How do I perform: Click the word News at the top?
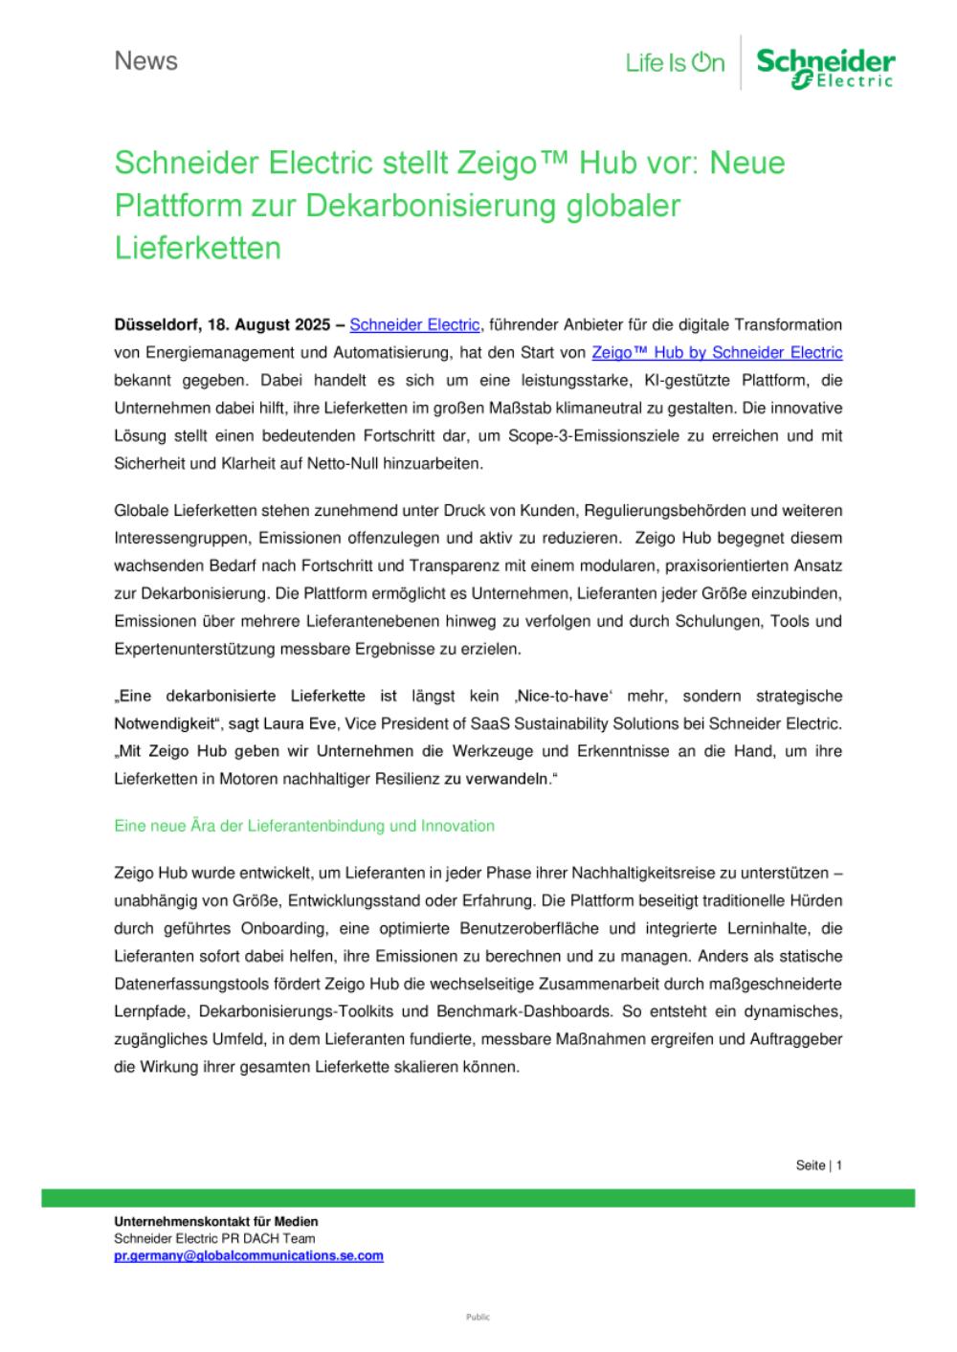(x=145, y=61)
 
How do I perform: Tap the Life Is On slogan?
(x=675, y=63)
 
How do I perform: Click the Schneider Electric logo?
(x=825, y=68)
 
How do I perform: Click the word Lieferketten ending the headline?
(x=198, y=248)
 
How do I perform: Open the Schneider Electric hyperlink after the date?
(x=414, y=325)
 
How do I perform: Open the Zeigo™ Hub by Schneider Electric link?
(x=717, y=353)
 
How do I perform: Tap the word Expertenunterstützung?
(x=195, y=649)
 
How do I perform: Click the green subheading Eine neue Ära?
(x=304, y=826)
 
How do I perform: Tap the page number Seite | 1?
(x=818, y=1165)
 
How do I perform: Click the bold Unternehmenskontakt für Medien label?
(x=216, y=1222)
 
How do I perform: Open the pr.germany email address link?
(x=249, y=1256)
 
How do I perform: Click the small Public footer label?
(x=478, y=1318)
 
